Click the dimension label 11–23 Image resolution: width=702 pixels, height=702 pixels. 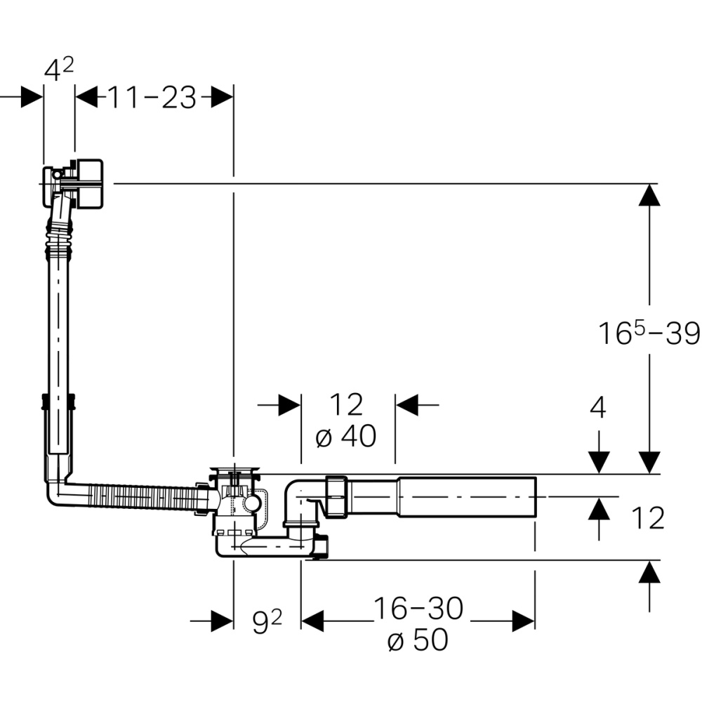click(x=152, y=98)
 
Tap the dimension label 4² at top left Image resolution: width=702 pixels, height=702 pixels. click(x=59, y=70)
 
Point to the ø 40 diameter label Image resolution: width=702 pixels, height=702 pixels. click(x=346, y=437)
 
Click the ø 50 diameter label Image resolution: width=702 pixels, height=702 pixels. click(x=418, y=640)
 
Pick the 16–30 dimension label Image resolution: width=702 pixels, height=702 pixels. click(x=418, y=609)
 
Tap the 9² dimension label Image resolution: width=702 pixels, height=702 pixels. click(x=267, y=622)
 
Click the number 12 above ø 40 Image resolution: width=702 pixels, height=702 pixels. click(x=347, y=405)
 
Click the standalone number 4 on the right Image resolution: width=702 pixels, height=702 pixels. click(x=598, y=408)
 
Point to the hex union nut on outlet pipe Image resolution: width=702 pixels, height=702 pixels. click(x=336, y=496)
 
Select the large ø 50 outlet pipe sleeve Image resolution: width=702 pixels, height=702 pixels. click(x=466, y=496)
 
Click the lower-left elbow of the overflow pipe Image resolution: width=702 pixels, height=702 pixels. click(x=57, y=492)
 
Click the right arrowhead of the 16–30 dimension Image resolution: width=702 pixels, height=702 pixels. click(x=524, y=621)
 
